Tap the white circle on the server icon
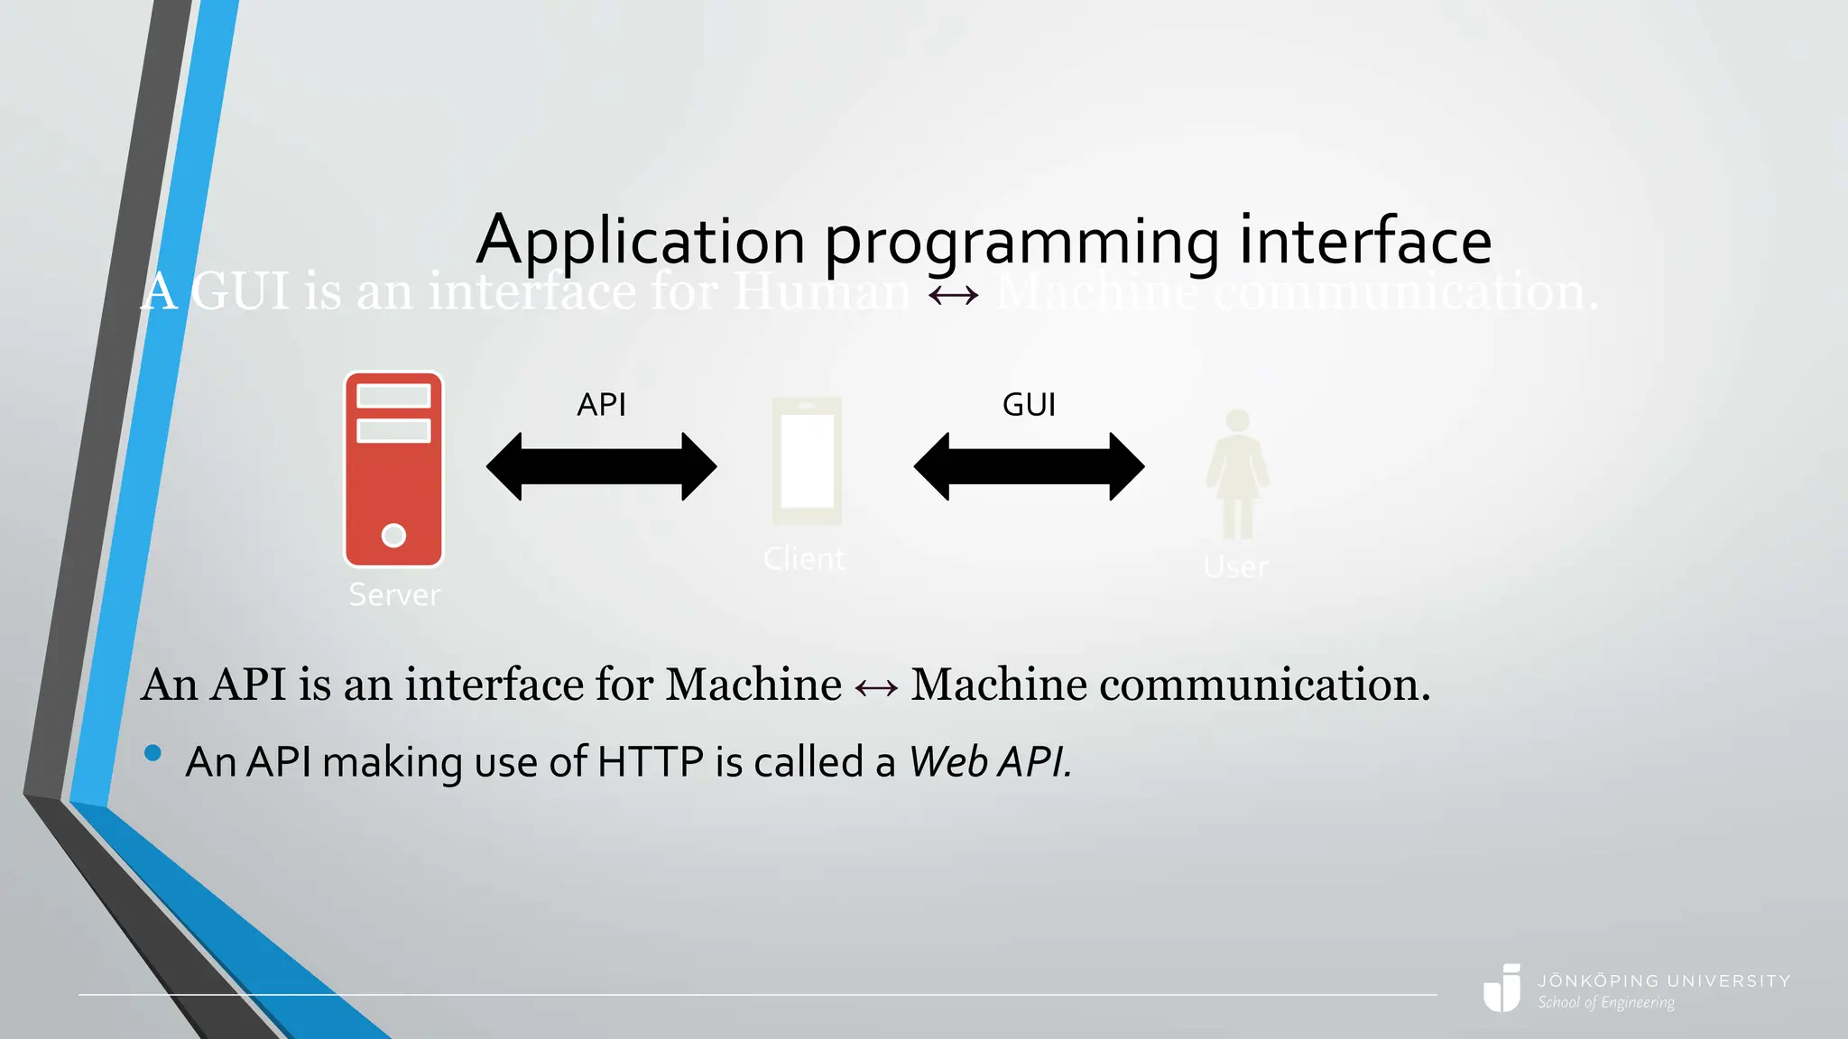point(393,535)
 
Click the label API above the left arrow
point(601,405)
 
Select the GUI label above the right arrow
point(1029,405)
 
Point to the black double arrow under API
point(601,466)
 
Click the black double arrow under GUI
point(1029,466)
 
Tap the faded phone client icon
point(807,461)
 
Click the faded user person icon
point(1237,474)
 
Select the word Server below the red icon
point(394,595)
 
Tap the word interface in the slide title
point(1365,241)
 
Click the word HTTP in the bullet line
point(650,762)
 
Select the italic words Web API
point(990,762)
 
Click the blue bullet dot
point(152,753)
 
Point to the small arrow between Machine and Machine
point(876,688)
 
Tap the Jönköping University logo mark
point(1502,988)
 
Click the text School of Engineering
point(1606,1003)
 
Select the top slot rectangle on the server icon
point(393,396)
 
